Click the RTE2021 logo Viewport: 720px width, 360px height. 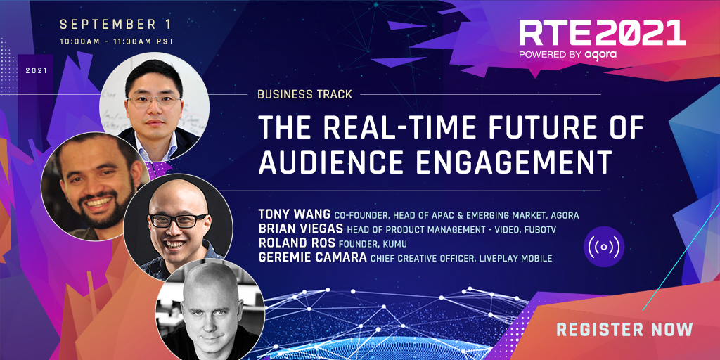click(601, 33)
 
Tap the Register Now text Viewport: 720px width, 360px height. click(624, 329)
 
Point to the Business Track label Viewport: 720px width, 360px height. click(304, 94)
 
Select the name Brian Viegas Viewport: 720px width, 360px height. click(299, 229)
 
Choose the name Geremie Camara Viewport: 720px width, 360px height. click(309, 258)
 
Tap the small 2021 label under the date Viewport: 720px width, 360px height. click(37, 71)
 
